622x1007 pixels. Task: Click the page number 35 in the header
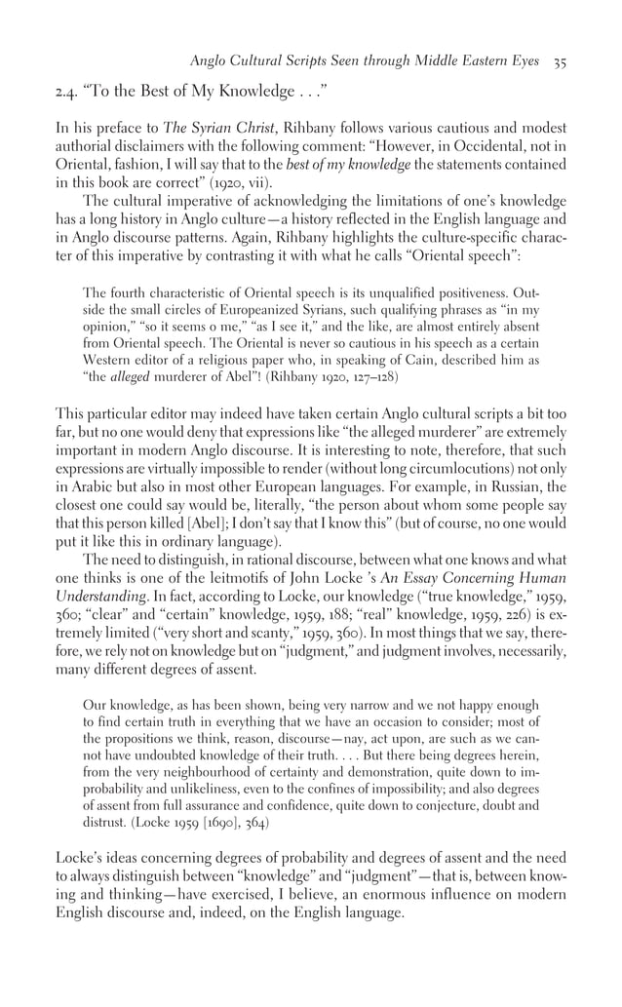[560, 60]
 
